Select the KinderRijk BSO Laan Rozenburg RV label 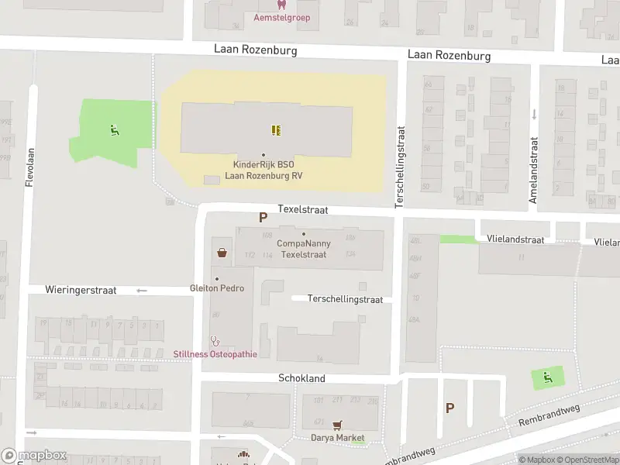pos(263,170)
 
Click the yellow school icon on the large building pos(275,130)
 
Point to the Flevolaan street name pos(29,167)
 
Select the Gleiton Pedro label pos(217,288)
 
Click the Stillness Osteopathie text pos(215,354)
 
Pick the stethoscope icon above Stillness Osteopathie pos(215,340)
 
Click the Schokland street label pos(301,378)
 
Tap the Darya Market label pos(337,438)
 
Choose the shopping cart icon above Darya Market pos(336,425)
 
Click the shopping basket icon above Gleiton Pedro pos(222,252)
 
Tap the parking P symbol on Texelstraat pos(263,219)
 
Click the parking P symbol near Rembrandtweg pos(449,408)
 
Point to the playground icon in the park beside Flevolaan pos(114,130)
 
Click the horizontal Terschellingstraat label pos(345,298)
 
